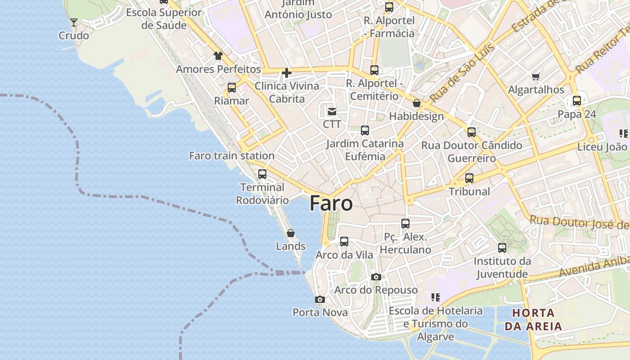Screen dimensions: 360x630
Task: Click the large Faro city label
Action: (331, 204)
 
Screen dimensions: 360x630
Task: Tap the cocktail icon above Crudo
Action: (74, 22)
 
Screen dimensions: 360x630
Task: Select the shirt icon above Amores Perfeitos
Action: (218, 56)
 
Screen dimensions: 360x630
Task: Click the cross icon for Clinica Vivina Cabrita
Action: (287, 72)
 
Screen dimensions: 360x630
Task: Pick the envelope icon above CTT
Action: (332, 111)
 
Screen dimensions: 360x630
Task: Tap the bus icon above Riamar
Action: (232, 88)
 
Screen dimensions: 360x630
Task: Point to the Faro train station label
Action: (232, 156)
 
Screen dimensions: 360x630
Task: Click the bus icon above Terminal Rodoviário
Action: (262, 174)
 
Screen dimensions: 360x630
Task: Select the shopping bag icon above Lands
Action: (291, 233)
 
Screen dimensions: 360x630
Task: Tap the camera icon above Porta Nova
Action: (320, 299)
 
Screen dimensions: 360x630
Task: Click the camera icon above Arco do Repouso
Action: (376, 277)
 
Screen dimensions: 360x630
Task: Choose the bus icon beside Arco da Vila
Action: (344, 242)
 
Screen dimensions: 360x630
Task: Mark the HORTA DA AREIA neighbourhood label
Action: (533, 319)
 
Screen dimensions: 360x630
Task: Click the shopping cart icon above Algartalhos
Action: (535, 77)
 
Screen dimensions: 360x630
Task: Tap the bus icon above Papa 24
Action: (577, 101)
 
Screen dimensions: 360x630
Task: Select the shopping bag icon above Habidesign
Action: (417, 103)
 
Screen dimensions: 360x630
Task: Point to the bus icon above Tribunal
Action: (469, 178)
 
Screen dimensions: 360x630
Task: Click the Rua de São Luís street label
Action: (462, 72)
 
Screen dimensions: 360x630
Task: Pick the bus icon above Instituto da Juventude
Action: (502, 248)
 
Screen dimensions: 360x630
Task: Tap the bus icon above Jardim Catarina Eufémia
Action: (365, 130)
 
